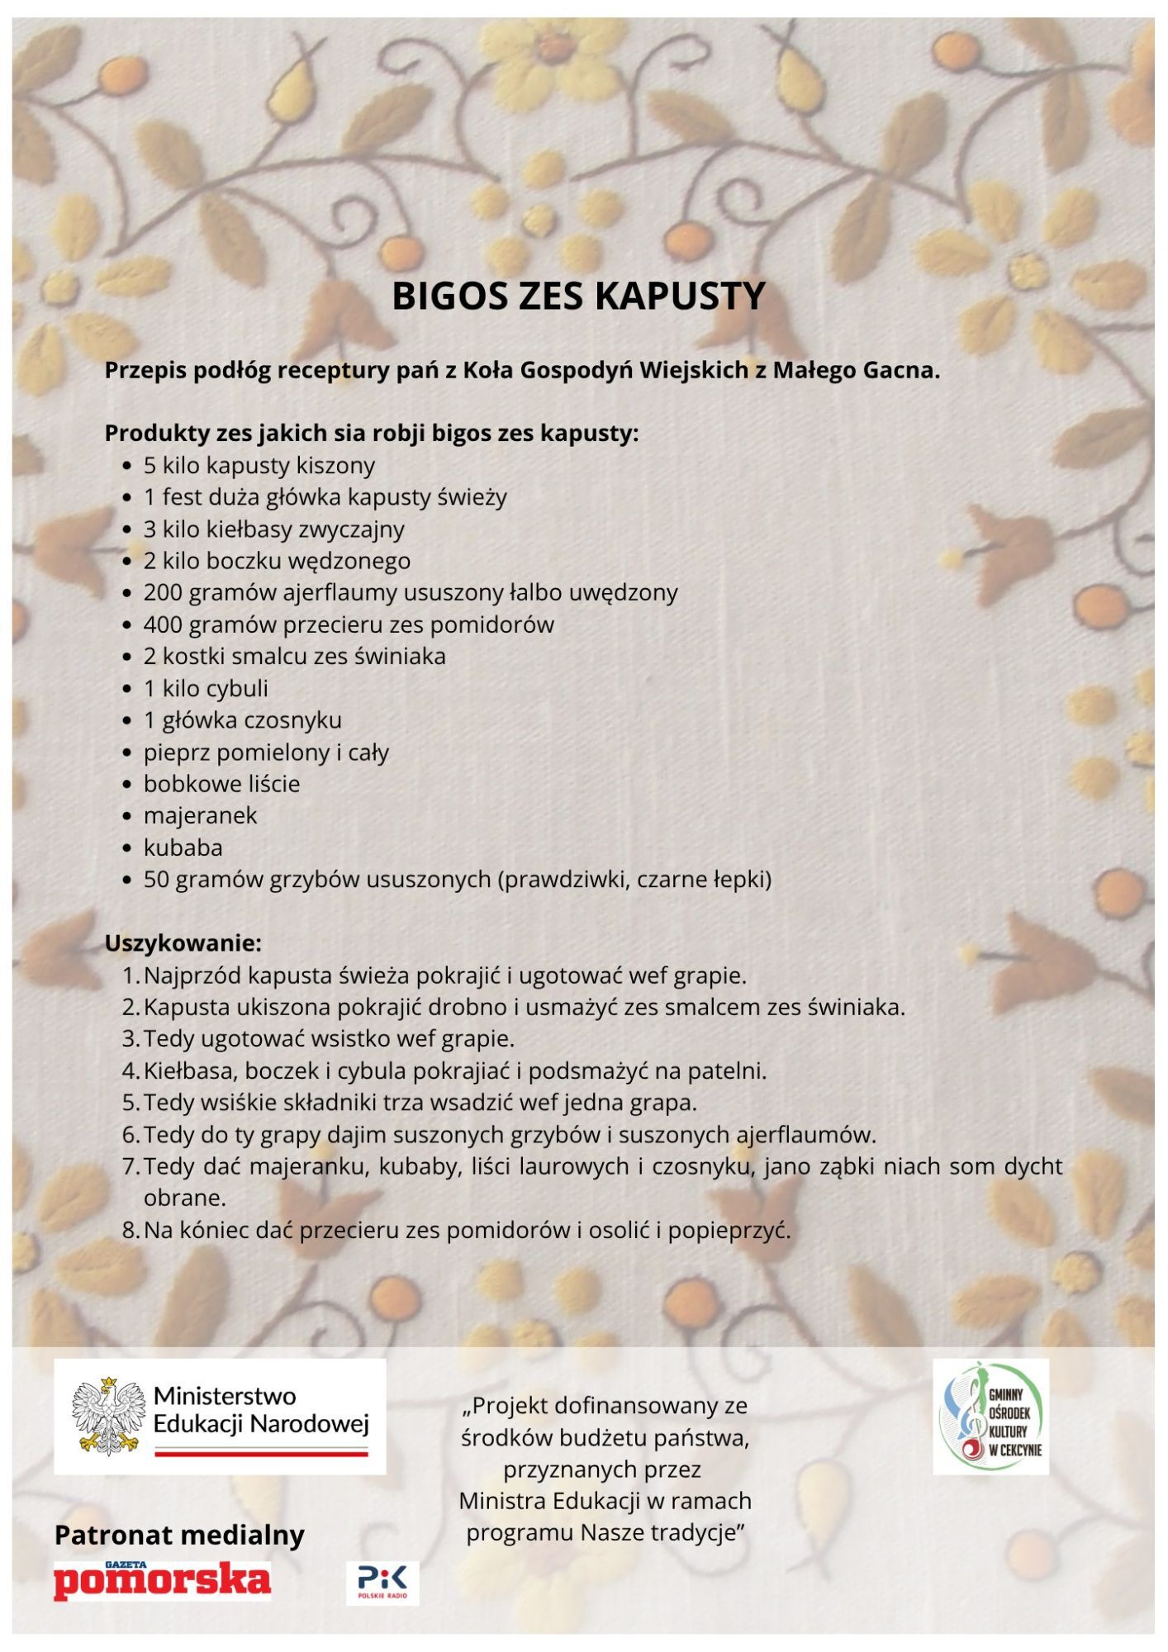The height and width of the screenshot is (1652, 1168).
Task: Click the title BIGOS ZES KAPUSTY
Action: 578,297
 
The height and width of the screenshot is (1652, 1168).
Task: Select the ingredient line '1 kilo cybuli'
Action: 206,688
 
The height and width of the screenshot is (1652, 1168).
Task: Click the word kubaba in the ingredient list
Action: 183,847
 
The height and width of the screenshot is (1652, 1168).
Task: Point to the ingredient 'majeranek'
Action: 200,815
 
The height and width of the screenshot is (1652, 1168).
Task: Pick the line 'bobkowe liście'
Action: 221,783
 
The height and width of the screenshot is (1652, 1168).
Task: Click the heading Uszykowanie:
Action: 183,942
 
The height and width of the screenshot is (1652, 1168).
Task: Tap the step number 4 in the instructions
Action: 130,1070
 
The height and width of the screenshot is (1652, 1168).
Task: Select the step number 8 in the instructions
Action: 130,1230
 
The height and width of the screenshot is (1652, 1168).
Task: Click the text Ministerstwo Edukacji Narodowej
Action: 260,1410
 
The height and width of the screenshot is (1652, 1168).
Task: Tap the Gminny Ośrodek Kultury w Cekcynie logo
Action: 990,1417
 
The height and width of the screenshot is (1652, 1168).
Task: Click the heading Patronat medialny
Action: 179,1535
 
